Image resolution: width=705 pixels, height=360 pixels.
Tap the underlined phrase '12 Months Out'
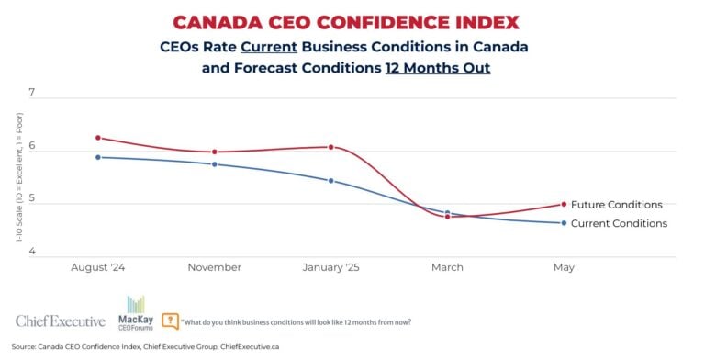[x=436, y=67]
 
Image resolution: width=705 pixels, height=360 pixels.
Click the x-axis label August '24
[x=98, y=267]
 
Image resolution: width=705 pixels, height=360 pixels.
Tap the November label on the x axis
[x=214, y=267]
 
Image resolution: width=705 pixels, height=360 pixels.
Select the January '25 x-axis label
[x=330, y=267]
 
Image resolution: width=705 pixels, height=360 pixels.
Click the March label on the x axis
[x=447, y=267]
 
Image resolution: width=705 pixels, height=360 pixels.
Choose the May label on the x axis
[x=564, y=267]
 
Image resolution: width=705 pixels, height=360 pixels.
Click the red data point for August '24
[x=98, y=138]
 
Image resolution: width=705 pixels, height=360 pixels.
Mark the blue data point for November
[x=214, y=164]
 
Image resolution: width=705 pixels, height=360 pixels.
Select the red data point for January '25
[x=330, y=147]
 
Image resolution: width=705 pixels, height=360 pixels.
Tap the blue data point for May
[x=564, y=223]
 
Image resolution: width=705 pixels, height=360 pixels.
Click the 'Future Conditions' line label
[x=616, y=205]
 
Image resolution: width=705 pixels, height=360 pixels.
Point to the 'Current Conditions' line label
[x=619, y=223]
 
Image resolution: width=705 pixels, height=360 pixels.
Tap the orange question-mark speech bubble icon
[x=171, y=321]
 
